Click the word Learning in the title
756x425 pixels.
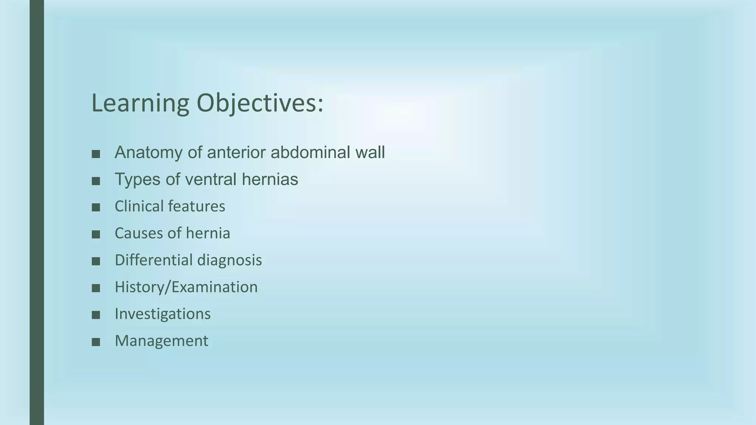[x=140, y=103]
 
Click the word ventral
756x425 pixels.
[x=210, y=179]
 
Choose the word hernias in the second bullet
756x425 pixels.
[x=270, y=179]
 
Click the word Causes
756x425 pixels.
[x=138, y=233]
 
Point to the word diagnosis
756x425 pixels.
[x=229, y=260]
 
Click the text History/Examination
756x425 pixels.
[x=186, y=287]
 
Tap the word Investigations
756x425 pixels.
[x=162, y=314]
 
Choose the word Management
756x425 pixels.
[x=161, y=341]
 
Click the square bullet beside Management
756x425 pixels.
[x=96, y=342]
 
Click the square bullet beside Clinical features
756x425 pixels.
[x=96, y=208]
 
